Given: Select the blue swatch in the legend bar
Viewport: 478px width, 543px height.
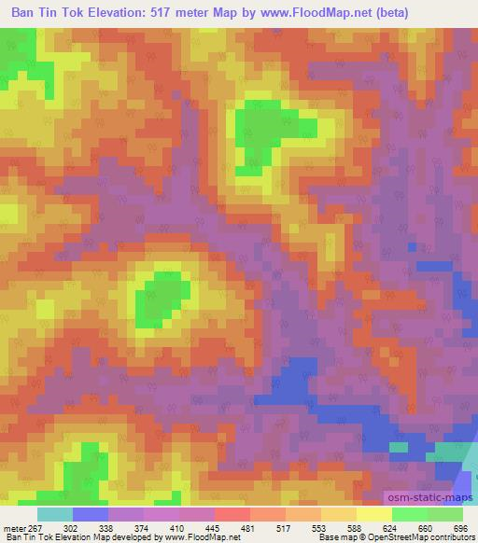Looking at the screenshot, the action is click(x=90, y=514).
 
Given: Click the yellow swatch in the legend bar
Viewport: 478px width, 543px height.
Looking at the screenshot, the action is click(x=374, y=514).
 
